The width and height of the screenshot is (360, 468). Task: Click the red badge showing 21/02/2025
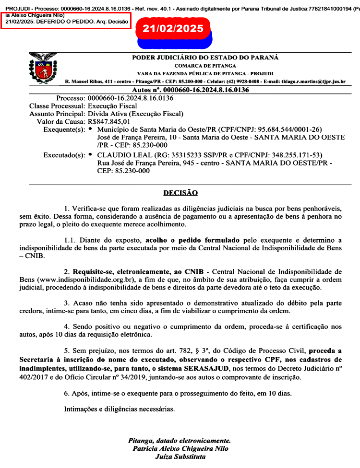[173, 29]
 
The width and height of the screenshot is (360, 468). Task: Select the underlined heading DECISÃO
[180, 193]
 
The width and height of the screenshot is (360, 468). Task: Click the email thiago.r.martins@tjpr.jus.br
[317, 82]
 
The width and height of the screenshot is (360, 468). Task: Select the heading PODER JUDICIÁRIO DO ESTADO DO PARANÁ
[205, 58]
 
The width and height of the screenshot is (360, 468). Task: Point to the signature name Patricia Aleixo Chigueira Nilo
[180, 448]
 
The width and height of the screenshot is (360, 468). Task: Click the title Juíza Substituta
[180, 456]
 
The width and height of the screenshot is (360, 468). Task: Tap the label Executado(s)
[64, 155]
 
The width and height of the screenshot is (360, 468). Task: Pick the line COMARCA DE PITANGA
[205, 66]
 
